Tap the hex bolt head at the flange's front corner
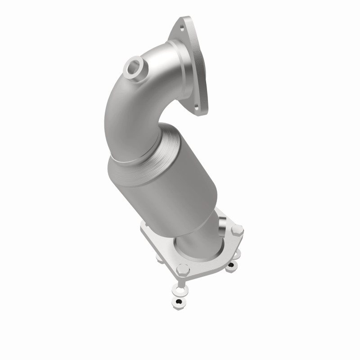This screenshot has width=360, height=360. point(182,270)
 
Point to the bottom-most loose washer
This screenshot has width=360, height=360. point(180,301)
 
